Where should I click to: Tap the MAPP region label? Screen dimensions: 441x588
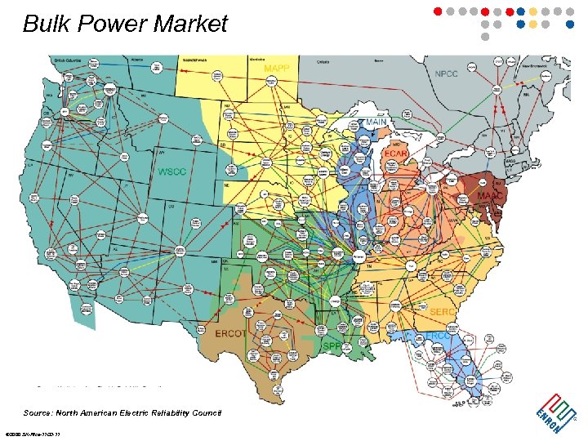tap(276, 68)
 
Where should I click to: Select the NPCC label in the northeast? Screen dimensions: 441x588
tap(447, 74)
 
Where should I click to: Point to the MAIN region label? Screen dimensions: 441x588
tap(376, 122)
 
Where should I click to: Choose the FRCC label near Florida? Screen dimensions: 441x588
tap(438, 336)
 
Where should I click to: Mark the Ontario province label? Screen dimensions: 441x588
tap(323, 60)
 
